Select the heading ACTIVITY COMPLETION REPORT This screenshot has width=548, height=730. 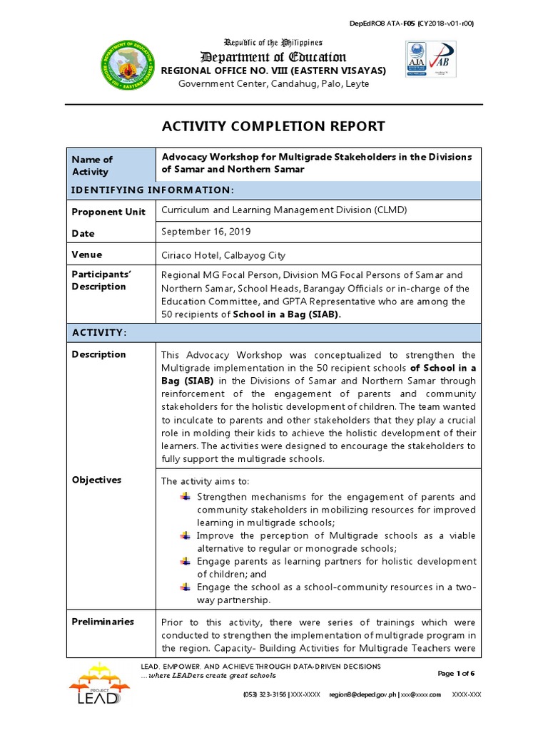tap(273, 126)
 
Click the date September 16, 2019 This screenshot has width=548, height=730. tap(207, 232)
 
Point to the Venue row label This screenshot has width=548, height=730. tap(87, 255)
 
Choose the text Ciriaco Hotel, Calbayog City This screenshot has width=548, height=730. tap(223, 255)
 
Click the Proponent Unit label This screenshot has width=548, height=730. tap(108, 212)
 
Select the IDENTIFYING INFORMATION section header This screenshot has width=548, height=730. tap(152, 190)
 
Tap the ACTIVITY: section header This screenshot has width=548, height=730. tap(99, 333)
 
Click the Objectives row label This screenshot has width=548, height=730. tap(96, 480)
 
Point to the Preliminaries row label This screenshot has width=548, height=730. tap(103, 622)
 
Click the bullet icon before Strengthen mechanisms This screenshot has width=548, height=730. tap(186, 496)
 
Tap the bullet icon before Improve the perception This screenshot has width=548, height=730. tap(186, 535)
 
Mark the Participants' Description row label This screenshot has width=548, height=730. tap(98, 280)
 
